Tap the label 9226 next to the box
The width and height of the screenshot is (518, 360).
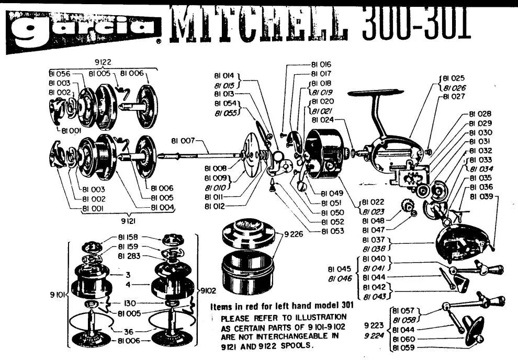(x=293, y=234)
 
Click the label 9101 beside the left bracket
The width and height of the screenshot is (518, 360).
(x=57, y=295)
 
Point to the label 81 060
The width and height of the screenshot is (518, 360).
(x=402, y=339)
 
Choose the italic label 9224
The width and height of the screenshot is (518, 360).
(x=375, y=334)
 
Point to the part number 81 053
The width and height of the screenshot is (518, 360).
(x=333, y=231)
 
